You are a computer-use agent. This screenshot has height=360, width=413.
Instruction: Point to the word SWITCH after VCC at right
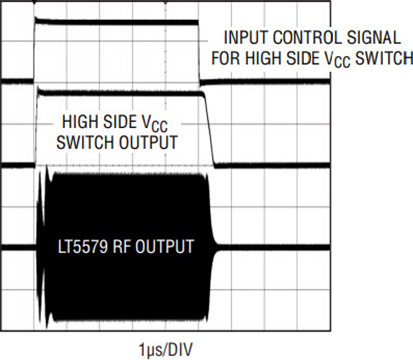[384, 58]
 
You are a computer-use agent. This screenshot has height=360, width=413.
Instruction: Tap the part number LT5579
[83, 247]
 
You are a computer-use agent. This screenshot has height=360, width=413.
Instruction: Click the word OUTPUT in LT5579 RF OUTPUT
[165, 247]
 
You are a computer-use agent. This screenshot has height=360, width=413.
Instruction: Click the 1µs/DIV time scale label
[166, 349]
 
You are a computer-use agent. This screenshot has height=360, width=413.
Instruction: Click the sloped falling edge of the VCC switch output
[209, 129]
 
